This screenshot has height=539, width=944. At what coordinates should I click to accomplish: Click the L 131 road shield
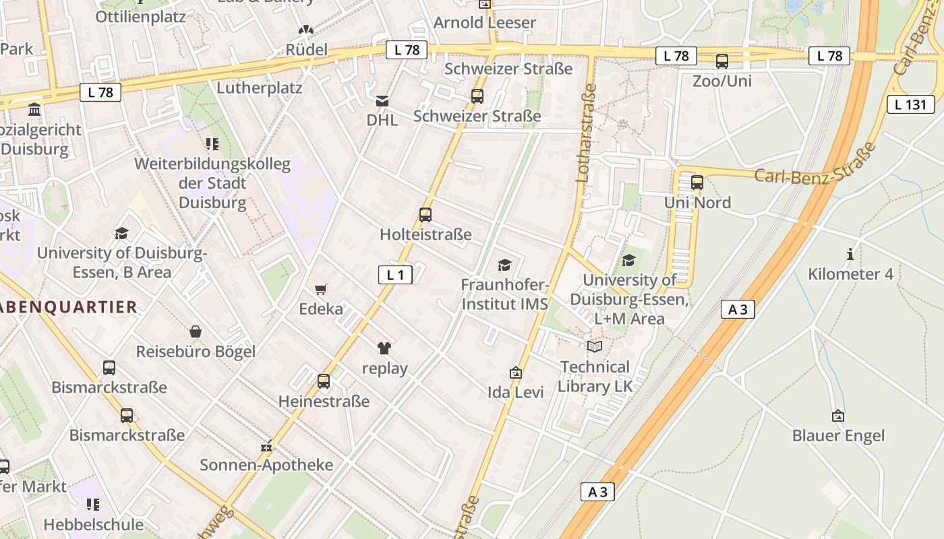tap(910, 104)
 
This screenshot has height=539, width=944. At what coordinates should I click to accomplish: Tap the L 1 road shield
tap(395, 275)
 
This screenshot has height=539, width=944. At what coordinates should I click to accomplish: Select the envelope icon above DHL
tap(382, 101)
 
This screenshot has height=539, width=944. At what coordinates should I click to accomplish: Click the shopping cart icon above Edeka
tap(321, 290)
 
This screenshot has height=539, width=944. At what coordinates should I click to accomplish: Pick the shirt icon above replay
tap(384, 348)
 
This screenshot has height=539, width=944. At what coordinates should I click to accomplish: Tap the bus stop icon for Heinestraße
tap(324, 381)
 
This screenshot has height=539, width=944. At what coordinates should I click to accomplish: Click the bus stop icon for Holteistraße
tap(425, 215)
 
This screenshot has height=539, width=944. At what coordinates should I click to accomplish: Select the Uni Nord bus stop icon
tap(697, 183)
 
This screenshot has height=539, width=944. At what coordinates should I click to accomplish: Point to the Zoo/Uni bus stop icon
tap(722, 61)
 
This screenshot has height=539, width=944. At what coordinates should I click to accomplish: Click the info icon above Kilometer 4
tap(850, 255)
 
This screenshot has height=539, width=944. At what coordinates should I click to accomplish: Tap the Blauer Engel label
tap(838, 436)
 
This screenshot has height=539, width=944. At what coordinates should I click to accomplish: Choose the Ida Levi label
tap(516, 392)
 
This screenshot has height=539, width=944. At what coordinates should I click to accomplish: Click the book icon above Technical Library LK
tap(595, 347)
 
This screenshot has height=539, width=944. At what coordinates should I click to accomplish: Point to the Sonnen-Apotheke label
tap(266, 465)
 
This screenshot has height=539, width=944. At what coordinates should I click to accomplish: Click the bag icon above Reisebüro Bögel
tap(196, 331)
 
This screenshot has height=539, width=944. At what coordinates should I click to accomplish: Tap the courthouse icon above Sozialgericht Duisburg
tap(34, 109)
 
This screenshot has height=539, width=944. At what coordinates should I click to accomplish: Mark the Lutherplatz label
tap(259, 88)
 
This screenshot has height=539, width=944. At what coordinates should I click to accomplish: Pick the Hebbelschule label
tap(94, 524)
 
